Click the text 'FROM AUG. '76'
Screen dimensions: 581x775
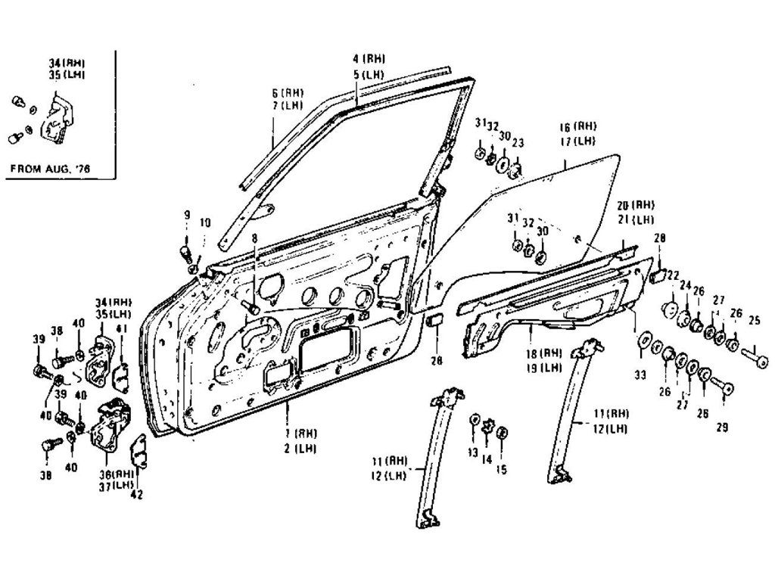(49, 169)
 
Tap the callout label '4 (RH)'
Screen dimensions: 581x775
(369, 59)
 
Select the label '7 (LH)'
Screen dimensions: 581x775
(287, 105)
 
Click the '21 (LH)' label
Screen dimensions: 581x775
(635, 219)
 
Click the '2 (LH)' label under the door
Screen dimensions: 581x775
(300, 448)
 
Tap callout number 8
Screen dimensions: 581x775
(255, 238)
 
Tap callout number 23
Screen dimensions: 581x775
(518, 141)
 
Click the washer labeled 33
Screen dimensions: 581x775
(646, 342)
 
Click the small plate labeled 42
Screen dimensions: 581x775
(140, 451)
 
